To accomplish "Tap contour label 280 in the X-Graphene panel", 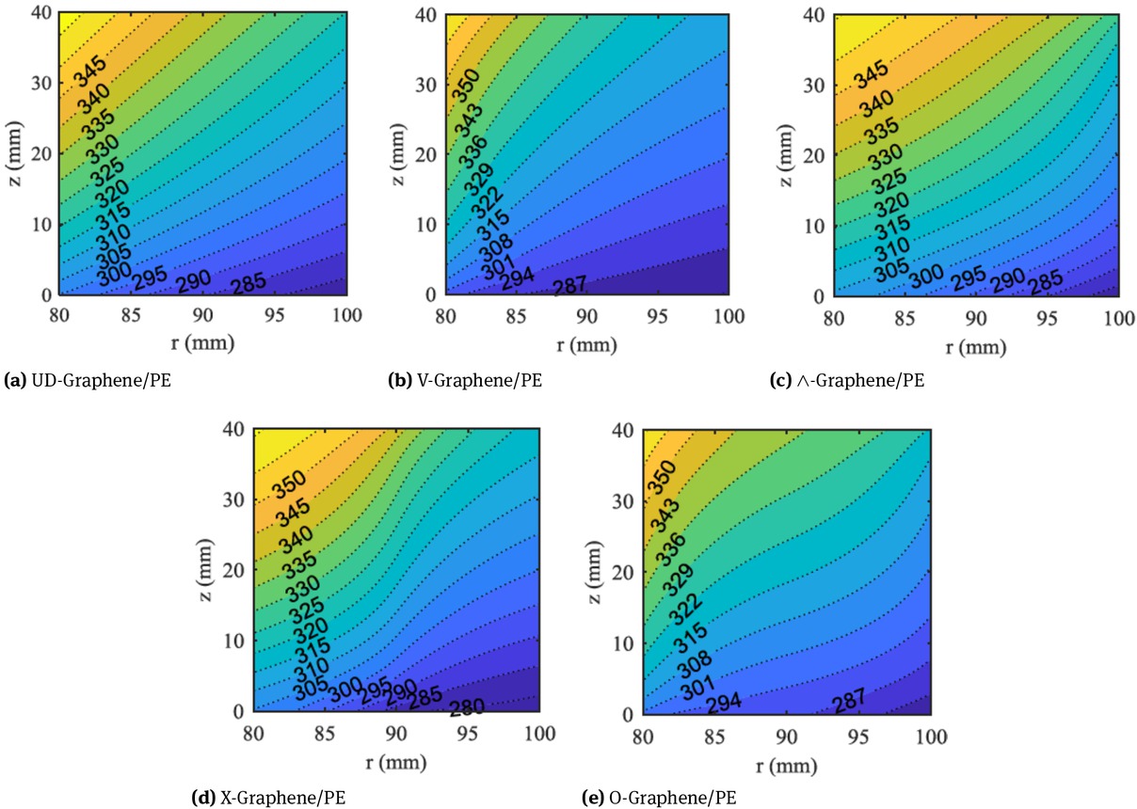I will [468, 707].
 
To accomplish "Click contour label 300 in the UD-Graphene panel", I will [109, 269].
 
